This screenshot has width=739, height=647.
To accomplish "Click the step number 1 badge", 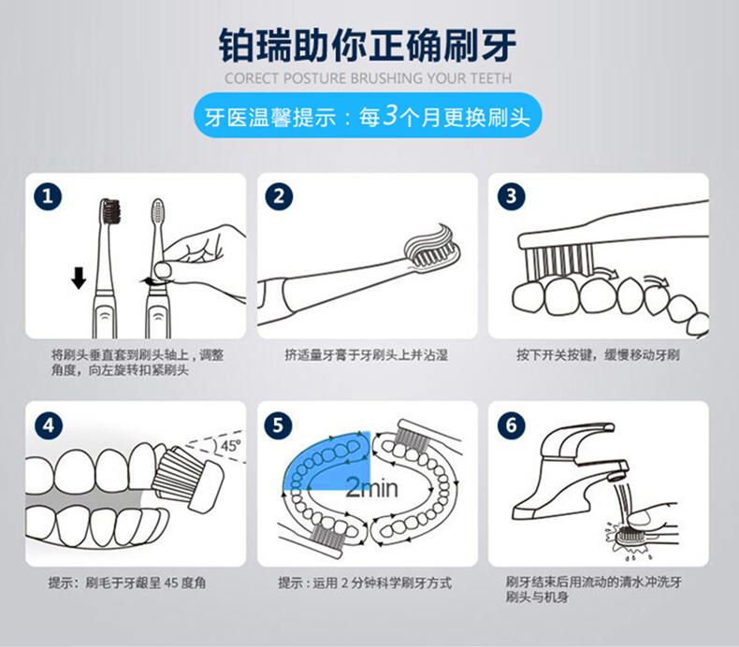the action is click(48, 196).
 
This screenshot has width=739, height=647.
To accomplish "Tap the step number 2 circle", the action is click(279, 196).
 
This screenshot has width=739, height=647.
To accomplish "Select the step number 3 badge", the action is click(512, 196).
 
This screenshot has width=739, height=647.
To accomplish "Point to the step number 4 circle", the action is click(49, 426).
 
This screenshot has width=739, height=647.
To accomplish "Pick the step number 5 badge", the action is click(279, 425).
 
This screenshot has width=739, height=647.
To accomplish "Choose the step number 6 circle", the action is click(512, 425).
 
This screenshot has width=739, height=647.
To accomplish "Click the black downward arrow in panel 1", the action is click(79, 278).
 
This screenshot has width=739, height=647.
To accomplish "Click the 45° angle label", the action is click(230, 445).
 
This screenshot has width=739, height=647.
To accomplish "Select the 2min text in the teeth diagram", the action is click(372, 488).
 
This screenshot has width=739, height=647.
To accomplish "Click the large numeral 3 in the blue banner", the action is click(391, 115).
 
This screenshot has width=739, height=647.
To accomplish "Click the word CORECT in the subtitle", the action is click(253, 79).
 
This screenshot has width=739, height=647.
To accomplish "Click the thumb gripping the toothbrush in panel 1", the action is click(163, 269).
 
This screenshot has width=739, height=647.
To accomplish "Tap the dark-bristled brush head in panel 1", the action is click(111, 211).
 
